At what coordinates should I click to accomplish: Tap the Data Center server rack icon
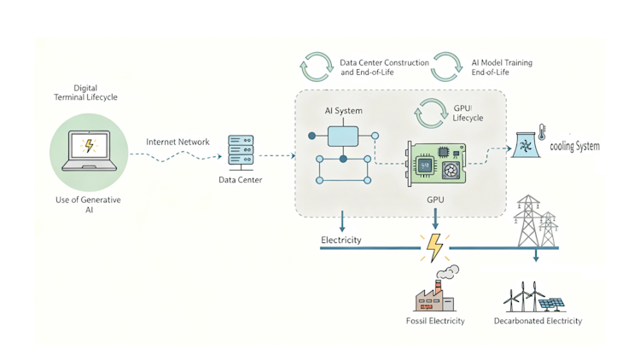pos(240,152)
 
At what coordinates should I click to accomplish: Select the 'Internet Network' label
pos(177,142)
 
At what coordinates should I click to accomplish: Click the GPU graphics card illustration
pos(435,163)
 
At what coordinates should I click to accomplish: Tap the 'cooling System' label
pos(574,147)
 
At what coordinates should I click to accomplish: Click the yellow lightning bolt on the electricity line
pos(434,247)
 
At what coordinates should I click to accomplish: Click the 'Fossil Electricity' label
pos(435,322)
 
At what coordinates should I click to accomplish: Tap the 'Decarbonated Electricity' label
pos(538,322)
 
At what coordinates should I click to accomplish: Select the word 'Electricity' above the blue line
pos(340,240)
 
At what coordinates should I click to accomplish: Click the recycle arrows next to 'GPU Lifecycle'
pos(432,113)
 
